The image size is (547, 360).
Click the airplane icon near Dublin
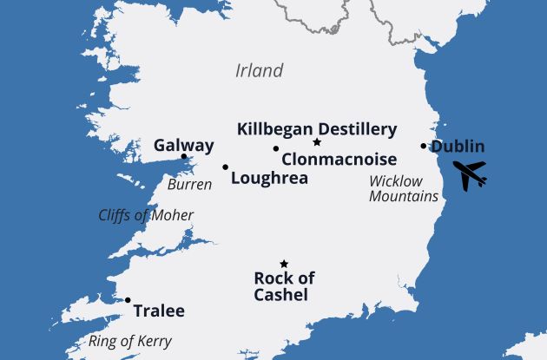470,175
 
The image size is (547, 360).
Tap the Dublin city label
458,147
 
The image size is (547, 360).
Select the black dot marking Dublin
424,146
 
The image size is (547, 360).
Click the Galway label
183,145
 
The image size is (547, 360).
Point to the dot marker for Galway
184,157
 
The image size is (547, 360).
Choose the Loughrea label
270,178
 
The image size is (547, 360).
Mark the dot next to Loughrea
226,167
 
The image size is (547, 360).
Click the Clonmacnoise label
339,160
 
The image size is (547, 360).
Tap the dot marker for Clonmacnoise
276,148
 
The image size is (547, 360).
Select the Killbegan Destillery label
317,129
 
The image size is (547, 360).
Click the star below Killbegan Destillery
317,142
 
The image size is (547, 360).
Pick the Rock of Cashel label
284,286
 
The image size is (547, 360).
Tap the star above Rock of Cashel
283,264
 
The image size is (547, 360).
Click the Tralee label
158,311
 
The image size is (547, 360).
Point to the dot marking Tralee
128,300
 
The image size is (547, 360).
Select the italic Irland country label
259,70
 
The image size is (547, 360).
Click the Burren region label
188,185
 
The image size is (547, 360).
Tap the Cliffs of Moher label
146,215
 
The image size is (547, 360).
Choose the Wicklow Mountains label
404,188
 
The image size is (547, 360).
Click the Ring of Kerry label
131,341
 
